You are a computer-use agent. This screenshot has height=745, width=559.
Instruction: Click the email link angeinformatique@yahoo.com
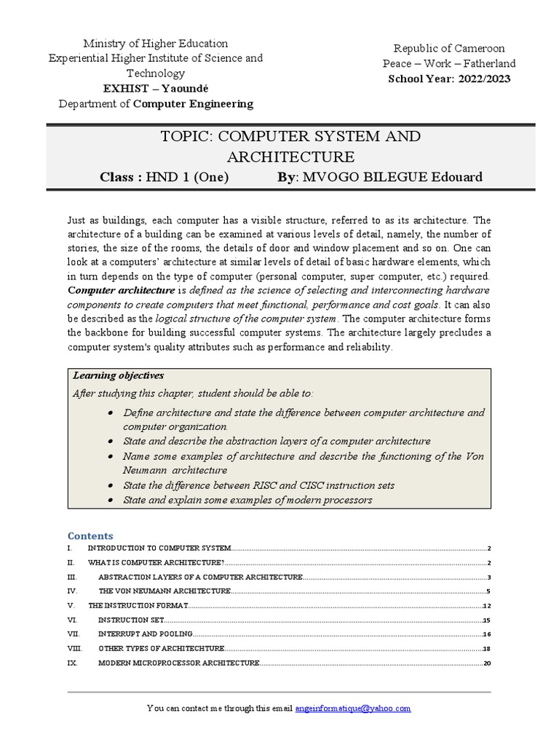tap(353, 708)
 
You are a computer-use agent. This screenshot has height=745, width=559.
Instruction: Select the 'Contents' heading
tap(90, 535)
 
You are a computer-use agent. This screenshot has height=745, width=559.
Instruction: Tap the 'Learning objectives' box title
tap(119, 375)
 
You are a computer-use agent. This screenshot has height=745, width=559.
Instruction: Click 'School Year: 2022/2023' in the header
tap(449, 79)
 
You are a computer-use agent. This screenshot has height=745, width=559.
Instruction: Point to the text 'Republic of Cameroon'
tap(449, 48)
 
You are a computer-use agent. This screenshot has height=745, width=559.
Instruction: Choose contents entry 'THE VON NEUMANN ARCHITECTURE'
tap(164, 591)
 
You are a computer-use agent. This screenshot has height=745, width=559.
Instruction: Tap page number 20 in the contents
tap(488, 664)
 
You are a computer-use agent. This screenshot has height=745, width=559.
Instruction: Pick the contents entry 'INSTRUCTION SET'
tap(130, 620)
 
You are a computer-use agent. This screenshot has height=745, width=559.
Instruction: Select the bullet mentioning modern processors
tap(247, 500)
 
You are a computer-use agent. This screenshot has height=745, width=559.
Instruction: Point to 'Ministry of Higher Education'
tap(156, 44)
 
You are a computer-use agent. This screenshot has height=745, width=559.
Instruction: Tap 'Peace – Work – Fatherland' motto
tap(449, 63)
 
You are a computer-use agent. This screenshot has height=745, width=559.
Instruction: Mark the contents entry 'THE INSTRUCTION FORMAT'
tap(138, 605)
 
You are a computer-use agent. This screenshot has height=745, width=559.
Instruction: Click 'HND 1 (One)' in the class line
tap(187, 178)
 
